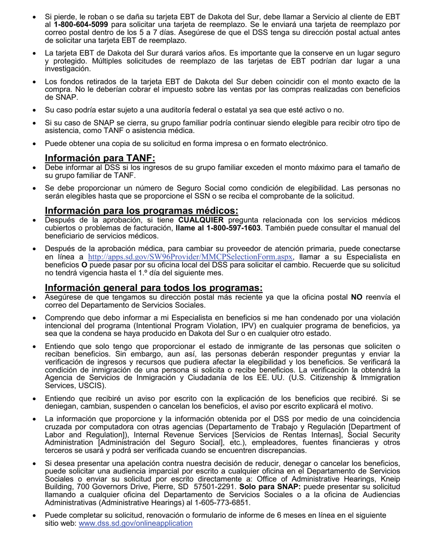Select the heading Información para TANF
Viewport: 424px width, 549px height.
[x=100, y=158]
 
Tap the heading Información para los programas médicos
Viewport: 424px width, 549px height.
[x=141, y=211]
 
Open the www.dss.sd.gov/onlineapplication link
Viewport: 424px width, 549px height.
[x=136, y=523]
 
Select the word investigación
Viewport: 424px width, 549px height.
[x=67, y=69]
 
